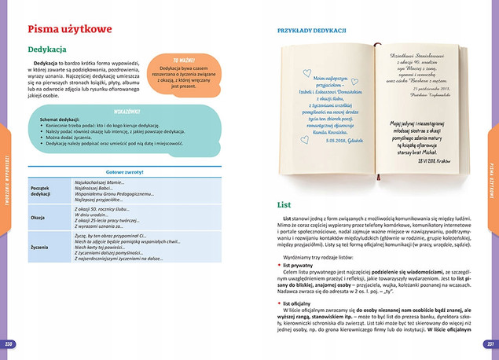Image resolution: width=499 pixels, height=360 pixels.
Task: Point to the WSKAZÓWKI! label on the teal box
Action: (x=127, y=112)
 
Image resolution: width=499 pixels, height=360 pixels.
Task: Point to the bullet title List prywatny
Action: (x=299, y=265)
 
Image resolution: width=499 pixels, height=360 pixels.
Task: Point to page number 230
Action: (x=9, y=344)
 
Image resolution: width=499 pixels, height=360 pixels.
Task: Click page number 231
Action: (x=489, y=344)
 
